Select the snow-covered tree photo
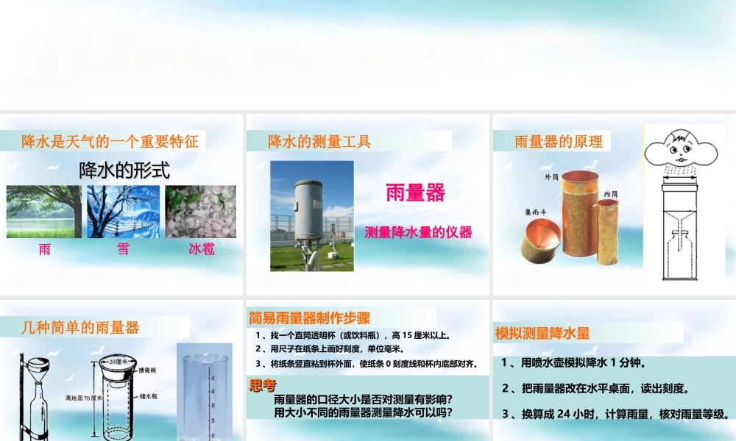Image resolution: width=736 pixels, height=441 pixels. pyautogui.click(x=122, y=212)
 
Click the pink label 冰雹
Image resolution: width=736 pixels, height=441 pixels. pyautogui.click(x=201, y=249)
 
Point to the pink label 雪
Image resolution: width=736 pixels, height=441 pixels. pyautogui.click(x=123, y=249)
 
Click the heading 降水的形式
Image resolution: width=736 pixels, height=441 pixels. pyautogui.click(x=124, y=171)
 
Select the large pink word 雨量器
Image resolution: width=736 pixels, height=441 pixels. pyautogui.click(x=416, y=193)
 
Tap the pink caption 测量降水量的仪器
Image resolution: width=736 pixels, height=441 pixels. pyautogui.click(x=418, y=232)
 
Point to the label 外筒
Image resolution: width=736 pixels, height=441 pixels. pyautogui.click(x=551, y=177)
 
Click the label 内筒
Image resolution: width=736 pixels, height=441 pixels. pyautogui.click(x=610, y=193)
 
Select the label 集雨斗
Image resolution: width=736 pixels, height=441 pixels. pyautogui.click(x=536, y=213)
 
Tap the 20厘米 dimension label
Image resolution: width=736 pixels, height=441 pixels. pyautogui.click(x=118, y=362)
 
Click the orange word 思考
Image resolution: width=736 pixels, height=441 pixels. pyautogui.click(x=263, y=385)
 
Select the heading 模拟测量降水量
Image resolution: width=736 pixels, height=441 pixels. pyautogui.click(x=542, y=333)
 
